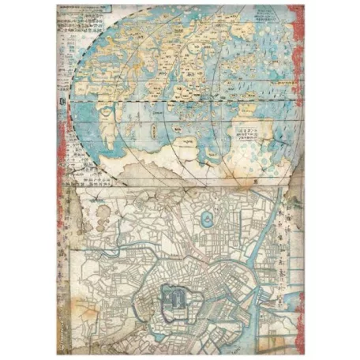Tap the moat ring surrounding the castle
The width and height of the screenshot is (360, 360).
pos(178,316)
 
